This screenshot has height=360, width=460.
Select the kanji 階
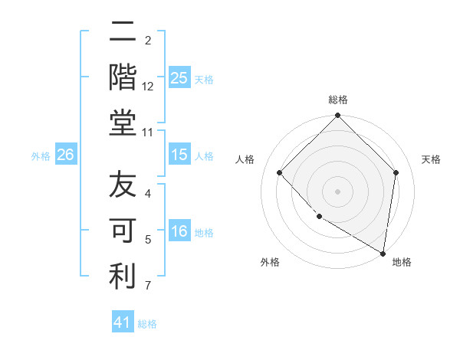(x=122, y=77)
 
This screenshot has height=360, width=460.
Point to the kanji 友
(x=122, y=186)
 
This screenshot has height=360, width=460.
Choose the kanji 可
(x=122, y=231)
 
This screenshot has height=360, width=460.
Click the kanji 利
(x=122, y=277)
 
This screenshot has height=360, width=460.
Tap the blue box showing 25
(x=179, y=77)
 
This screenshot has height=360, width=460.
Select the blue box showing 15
(x=179, y=155)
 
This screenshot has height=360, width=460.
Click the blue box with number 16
(x=179, y=231)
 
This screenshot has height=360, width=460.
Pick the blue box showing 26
(x=65, y=155)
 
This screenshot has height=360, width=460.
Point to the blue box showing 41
(x=123, y=322)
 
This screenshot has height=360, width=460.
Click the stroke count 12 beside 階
(x=149, y=87)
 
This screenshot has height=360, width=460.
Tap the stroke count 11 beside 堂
(x=149, y=133)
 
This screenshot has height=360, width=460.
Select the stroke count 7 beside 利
(x=149, y=286)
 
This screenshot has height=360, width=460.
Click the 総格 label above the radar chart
(x=337, y=100)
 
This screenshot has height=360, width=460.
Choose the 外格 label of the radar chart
(x=270, y=262)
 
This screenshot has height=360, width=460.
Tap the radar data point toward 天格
(x=396, y=172)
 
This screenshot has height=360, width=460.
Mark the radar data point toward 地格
(x=383, y=253)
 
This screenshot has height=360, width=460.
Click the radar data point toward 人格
(x=280, y=172)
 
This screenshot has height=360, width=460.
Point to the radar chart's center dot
(x=337, y=191)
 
